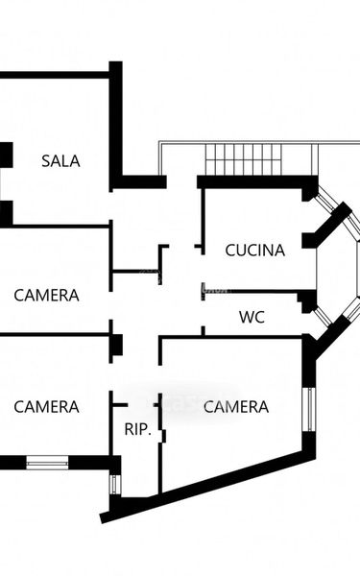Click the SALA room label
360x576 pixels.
(60, 161)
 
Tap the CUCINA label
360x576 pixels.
(255, 251)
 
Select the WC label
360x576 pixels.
(252, 317)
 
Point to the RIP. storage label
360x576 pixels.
(138, 429)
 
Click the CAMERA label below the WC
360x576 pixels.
(236, 407)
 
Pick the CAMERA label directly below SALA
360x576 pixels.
(46, 296)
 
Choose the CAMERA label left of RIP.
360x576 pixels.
(46, 407)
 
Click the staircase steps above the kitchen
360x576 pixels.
(243, 159)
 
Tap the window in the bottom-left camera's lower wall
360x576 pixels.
(47, 463)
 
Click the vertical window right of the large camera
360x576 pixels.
(311, 409)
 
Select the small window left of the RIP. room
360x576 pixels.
(115, 484)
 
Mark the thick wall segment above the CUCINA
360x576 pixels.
(257, 182)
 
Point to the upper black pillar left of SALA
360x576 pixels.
(7, 155)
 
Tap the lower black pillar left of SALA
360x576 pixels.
(7, 213)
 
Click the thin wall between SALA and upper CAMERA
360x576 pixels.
(55, 227)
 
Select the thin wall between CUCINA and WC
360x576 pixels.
(252, 292)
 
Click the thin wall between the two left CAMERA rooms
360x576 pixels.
(55, 335)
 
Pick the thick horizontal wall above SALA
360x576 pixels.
(55, 75)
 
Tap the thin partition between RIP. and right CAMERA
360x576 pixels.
(160, 444)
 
